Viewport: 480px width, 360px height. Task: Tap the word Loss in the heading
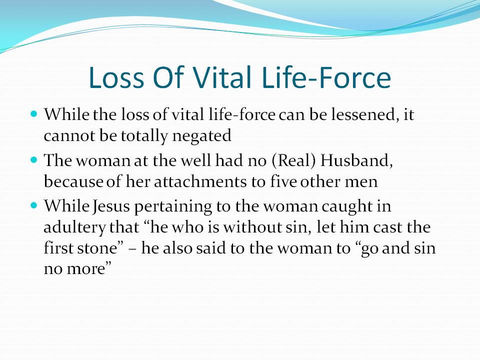pos(116,77)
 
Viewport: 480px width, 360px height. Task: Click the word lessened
pos(361,115)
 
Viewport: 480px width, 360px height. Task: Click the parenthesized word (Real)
pos(293,160)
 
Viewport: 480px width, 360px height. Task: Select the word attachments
pos(200,182)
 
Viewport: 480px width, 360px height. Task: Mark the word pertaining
pos(173,206)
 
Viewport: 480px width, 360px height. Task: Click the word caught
pos(347,206)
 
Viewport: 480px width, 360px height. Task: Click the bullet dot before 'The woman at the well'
pos(34,160)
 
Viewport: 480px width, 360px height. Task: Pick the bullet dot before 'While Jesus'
pos(34,205)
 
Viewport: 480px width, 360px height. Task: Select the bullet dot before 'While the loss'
pos(34,114)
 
